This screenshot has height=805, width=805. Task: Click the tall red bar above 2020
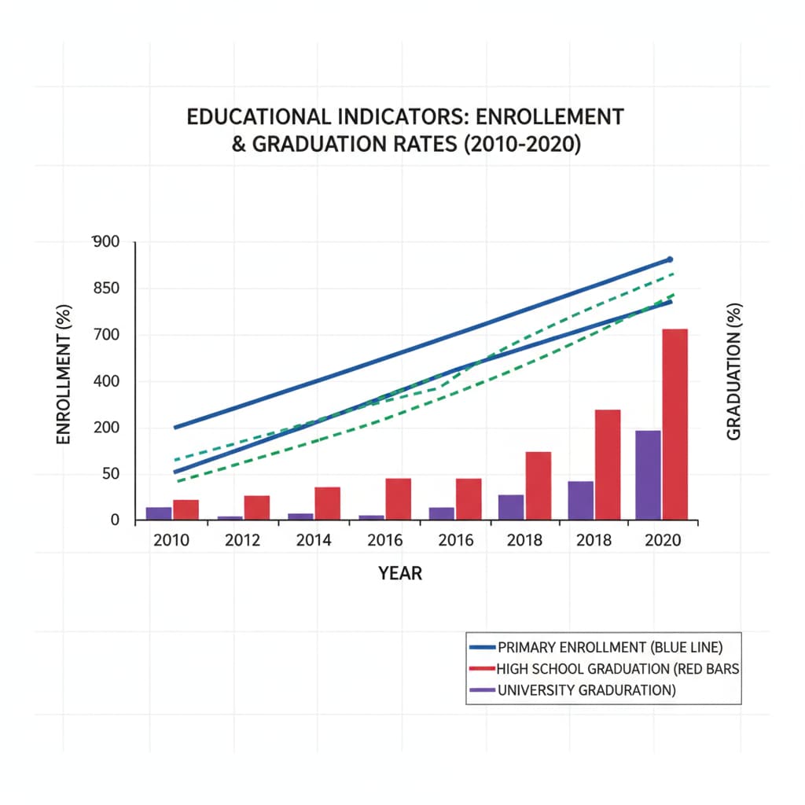point(675,425)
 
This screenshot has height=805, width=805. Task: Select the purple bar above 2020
point(648,475)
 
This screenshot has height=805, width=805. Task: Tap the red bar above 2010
point(186,509)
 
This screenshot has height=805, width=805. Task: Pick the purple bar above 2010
point(159,513)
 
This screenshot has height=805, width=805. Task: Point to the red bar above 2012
point(256,507)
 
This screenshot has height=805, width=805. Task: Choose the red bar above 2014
point(327,503)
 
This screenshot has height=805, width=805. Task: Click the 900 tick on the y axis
point(105,241)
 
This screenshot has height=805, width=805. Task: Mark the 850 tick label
point(105,289)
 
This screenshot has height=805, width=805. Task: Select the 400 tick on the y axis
point(105,382)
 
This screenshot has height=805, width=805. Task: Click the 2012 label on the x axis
point(243,541)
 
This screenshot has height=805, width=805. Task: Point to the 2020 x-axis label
point(662,541)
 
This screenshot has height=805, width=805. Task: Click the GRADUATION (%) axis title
point(734,371)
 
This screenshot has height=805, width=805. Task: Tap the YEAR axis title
point(400,573)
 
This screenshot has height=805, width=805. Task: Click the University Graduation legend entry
point(586,691)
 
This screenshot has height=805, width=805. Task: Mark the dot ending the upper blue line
point(670,259)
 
